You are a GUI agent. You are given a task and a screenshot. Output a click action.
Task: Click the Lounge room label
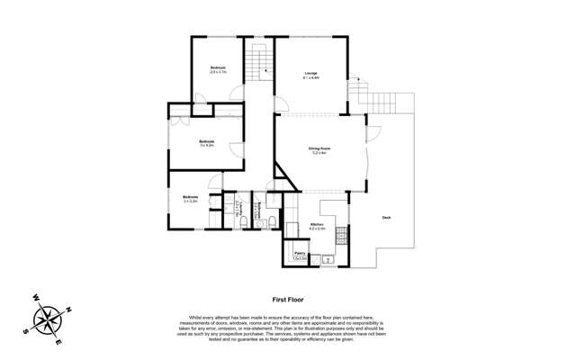[x=311, y=73]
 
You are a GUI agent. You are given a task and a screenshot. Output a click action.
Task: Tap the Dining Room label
[x=318, y=149]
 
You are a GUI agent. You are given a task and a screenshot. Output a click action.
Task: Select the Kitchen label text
[x=317, y=224]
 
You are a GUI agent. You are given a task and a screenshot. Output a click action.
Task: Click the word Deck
[x=386, y=217]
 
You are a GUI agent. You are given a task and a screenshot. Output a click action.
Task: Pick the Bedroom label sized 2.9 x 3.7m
[x=218, y=67]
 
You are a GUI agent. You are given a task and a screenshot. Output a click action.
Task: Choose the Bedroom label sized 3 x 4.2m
[x=206, y=141]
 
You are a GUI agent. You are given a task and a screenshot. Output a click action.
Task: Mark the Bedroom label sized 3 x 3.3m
[x=190, y=197]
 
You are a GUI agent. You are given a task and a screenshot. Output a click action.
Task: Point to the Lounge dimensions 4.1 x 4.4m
[x=311, y=78]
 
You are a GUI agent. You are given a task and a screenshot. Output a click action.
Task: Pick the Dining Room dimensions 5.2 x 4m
[x=318, y=155]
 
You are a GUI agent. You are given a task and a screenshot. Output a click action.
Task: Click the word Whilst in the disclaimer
[x=196, y=317]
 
